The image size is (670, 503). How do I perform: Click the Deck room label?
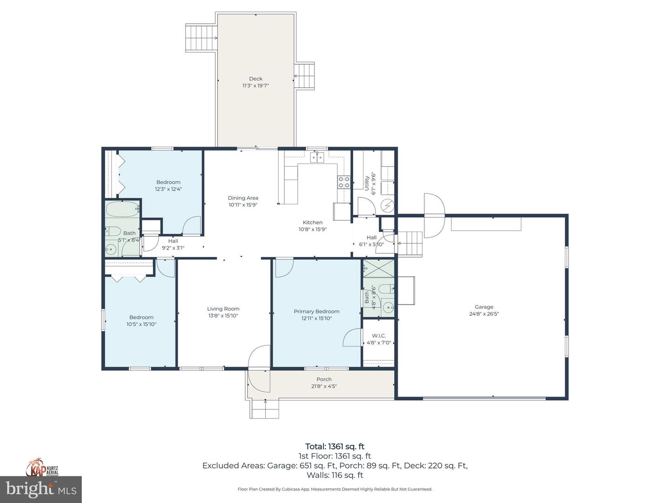point(255,79)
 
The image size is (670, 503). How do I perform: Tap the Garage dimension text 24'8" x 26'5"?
point(484,314)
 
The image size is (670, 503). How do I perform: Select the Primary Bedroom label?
point(316,312)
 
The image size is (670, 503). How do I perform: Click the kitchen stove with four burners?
point(344,182)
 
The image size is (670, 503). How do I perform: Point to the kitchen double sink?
point(317,157)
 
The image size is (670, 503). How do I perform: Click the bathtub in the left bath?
point(122,209)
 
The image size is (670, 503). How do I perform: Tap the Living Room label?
point(223,309)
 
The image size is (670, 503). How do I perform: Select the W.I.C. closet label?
point(379,336)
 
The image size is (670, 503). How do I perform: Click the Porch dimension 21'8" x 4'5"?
point(324,386)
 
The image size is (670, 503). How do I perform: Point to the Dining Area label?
point(243,198)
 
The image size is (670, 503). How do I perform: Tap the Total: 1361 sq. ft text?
point(335,447)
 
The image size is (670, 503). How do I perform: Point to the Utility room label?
point(367,183)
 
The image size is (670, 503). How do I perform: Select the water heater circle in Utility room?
point(387,205)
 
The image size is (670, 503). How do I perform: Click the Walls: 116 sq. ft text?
point(335,476)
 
